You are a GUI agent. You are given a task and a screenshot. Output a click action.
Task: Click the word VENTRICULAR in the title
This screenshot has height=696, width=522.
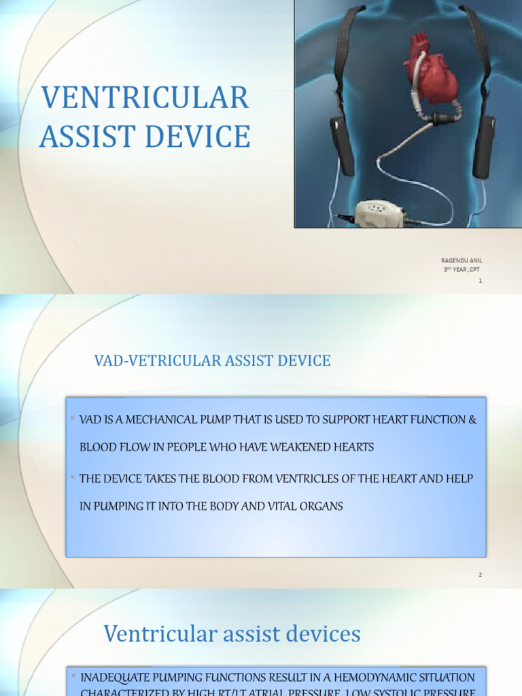point(145,99)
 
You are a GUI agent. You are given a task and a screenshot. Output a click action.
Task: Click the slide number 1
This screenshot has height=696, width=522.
point(480,281)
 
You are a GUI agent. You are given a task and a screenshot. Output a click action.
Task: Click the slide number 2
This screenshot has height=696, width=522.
point(480,575)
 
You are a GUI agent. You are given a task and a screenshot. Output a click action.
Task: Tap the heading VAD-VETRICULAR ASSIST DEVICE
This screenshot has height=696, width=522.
point(212,361)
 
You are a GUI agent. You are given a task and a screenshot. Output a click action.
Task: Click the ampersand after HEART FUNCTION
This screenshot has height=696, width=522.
point(473,419)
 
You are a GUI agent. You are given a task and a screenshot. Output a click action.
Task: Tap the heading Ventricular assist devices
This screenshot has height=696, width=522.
point(232,634)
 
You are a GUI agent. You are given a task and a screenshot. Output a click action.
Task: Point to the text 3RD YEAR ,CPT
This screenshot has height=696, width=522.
point(462,270)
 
